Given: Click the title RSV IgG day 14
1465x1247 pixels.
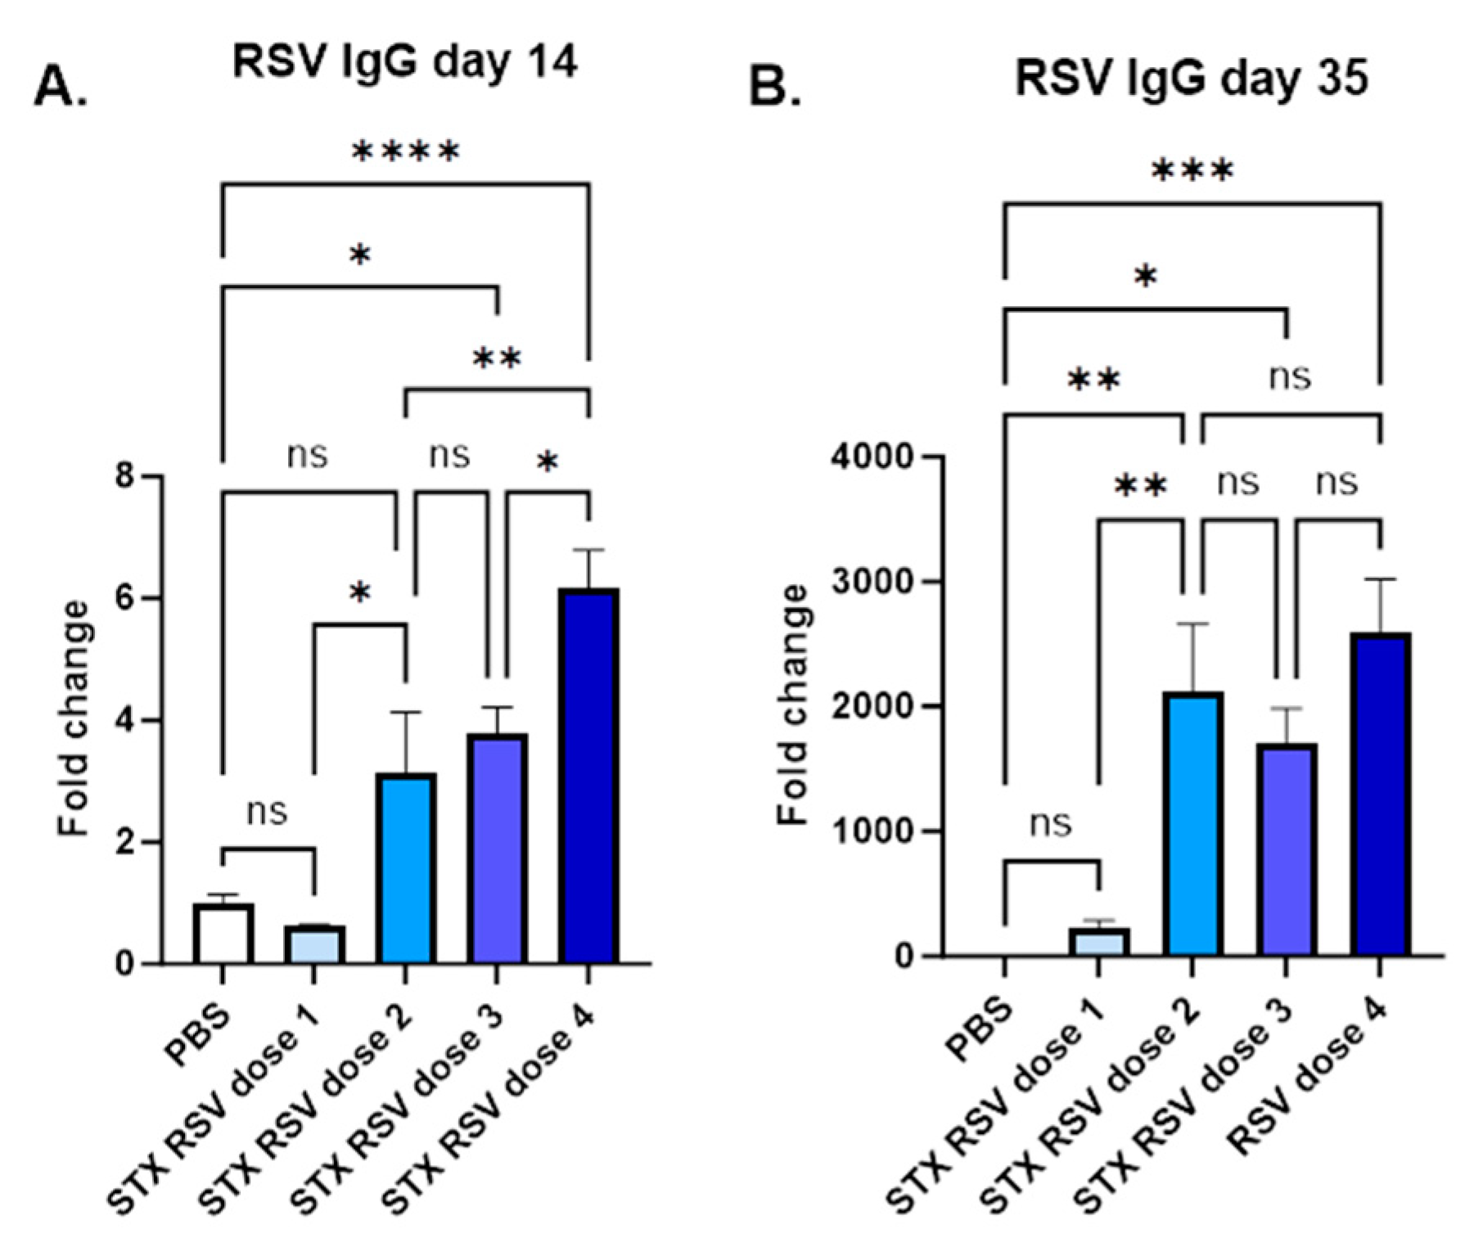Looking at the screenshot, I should click(405, 61).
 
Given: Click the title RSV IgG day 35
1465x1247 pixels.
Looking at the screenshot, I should click(1191, 80).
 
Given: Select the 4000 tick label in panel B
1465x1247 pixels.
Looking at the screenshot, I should click(871, 457).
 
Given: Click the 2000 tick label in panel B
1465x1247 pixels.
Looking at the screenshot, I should click(871, 706).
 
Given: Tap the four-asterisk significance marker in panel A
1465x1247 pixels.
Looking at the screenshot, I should click(405, 152).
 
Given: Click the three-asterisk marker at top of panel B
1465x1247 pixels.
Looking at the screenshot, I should click(1192, 173).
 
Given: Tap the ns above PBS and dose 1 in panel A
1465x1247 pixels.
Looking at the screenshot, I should click(267, 812).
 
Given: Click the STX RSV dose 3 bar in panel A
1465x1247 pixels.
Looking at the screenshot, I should click(497, 848).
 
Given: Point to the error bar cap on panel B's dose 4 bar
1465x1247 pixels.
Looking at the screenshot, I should click(1381, 579).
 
